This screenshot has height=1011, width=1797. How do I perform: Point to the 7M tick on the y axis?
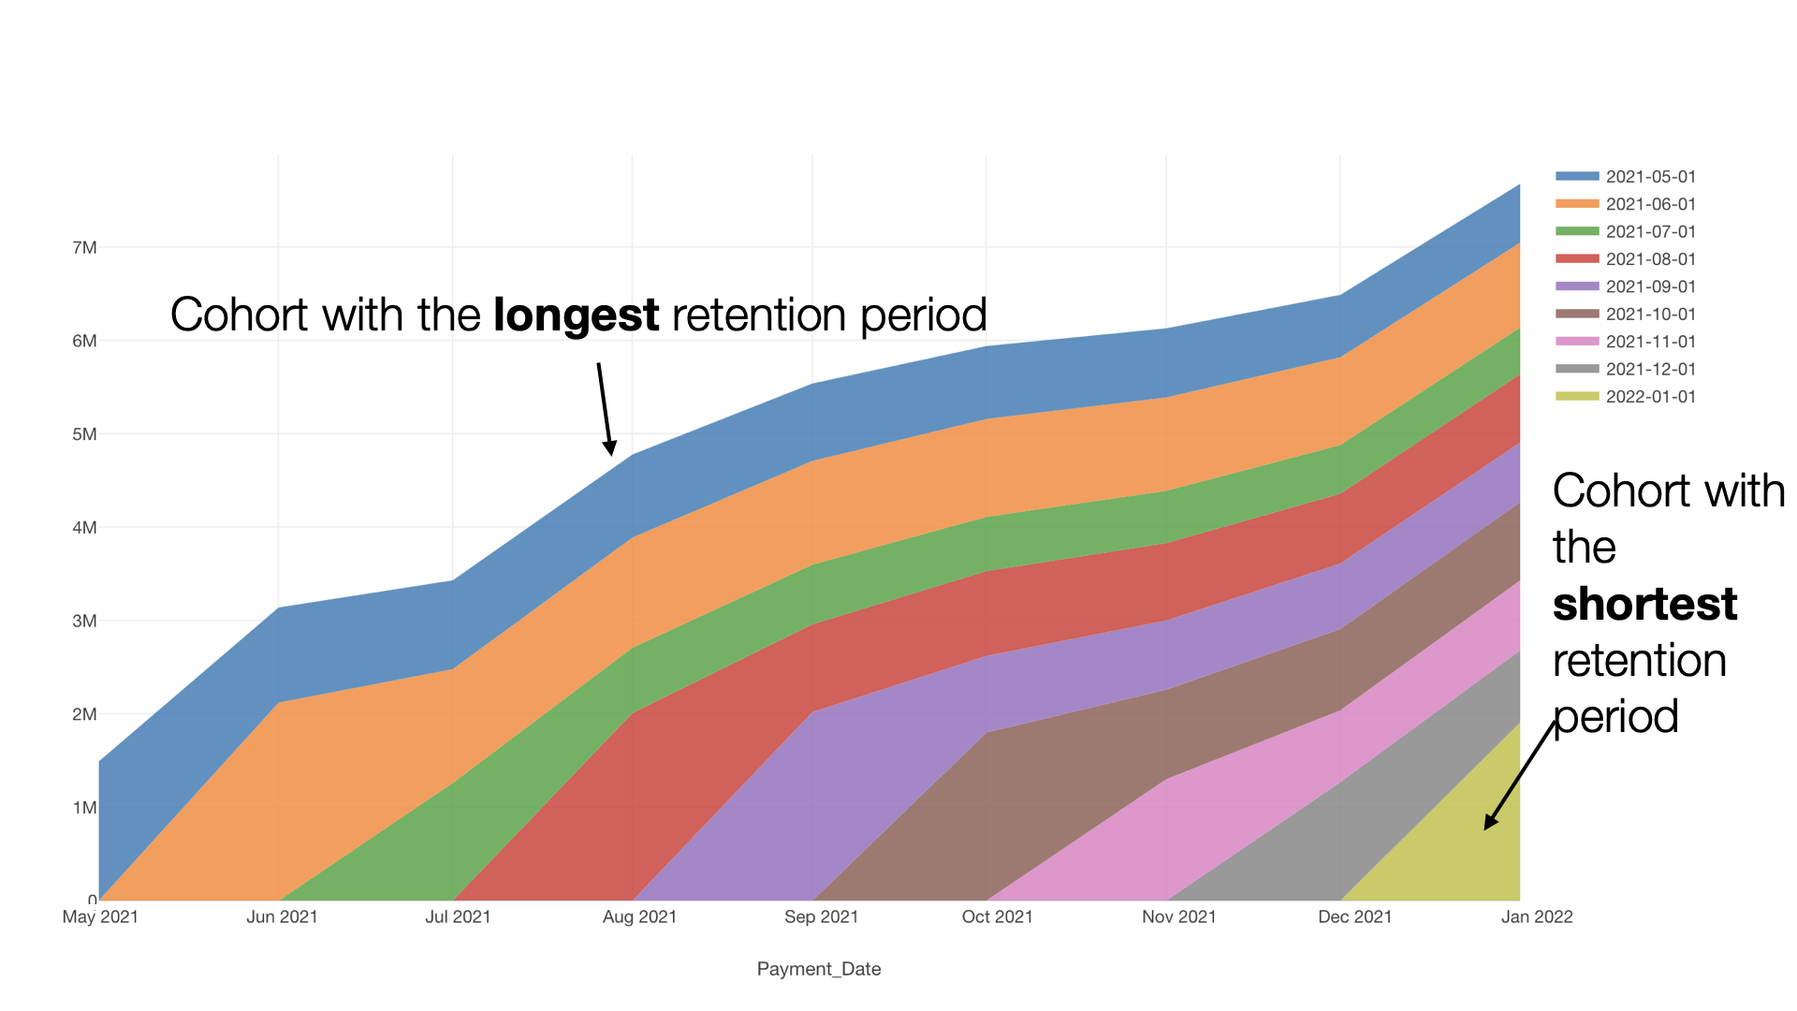coord(84,248)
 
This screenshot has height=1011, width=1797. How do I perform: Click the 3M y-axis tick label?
coord(84,622)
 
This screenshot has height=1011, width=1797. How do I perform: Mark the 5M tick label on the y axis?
coord(84,434)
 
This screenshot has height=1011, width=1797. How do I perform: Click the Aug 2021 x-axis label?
coord(639,917)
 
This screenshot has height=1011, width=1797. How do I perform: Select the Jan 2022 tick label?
coord(1537,917)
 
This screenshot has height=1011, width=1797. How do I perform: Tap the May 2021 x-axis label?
coord(100,917)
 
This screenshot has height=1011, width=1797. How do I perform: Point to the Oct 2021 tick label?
coord(997,917)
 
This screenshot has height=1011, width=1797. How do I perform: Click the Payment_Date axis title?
coord(819,970)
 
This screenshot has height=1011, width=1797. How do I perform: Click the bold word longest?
coord(576,315)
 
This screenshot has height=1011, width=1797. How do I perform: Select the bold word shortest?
coord(1644,604)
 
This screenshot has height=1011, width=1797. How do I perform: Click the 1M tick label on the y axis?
coord(84,808)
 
